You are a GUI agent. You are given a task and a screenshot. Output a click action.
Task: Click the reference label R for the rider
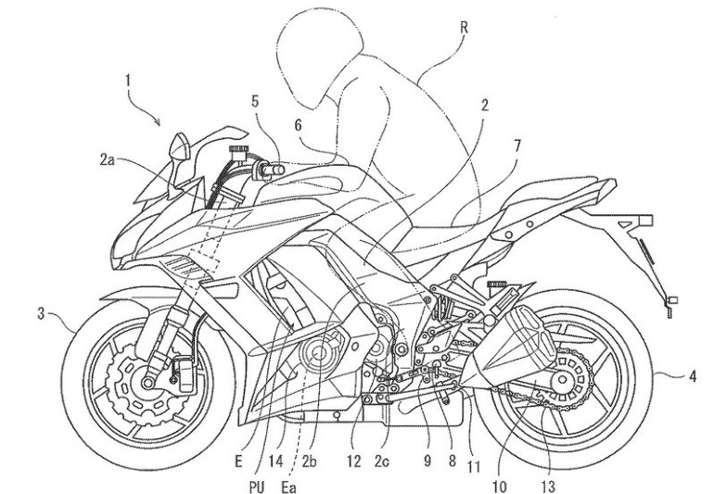464,29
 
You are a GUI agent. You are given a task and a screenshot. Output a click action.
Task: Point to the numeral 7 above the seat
516,146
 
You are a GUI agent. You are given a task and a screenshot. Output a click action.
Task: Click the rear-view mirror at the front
181,146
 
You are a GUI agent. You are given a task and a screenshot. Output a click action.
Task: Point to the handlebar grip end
274,170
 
